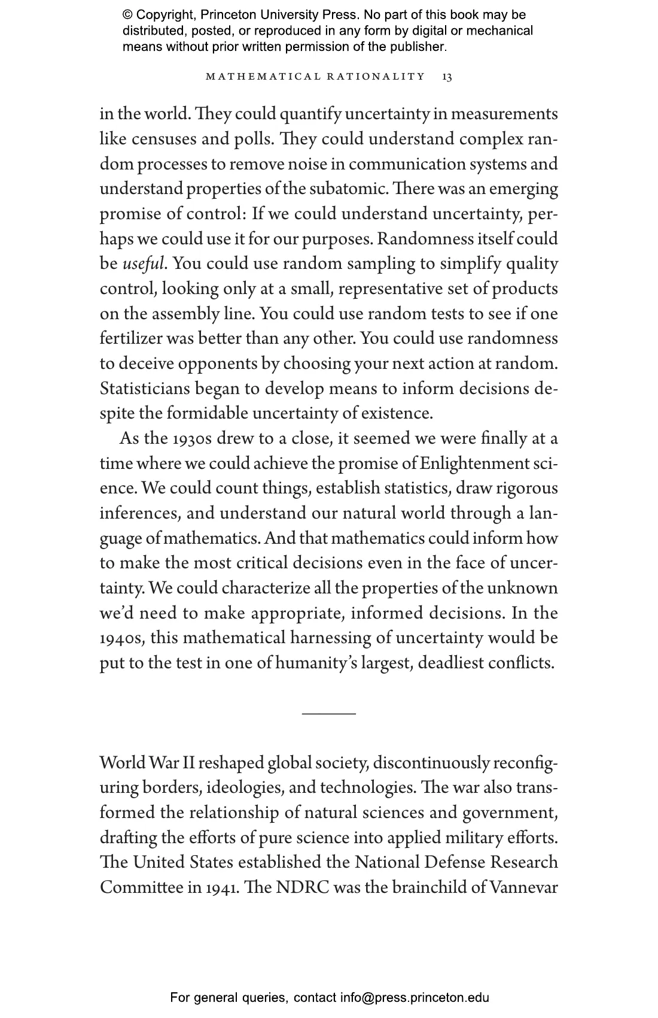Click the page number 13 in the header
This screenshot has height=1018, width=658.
tap(447, 77)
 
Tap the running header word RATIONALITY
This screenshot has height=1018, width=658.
tap(376, 77)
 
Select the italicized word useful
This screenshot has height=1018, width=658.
tap(143, 264)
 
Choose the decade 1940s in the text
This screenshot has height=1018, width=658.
tap(122, 638)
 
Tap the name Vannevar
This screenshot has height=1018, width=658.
tap(523, 887)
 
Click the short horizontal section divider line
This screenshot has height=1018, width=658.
tap(328, 713)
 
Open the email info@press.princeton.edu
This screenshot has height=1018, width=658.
tap(415, 998)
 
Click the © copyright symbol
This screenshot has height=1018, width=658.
tap(127, 15)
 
